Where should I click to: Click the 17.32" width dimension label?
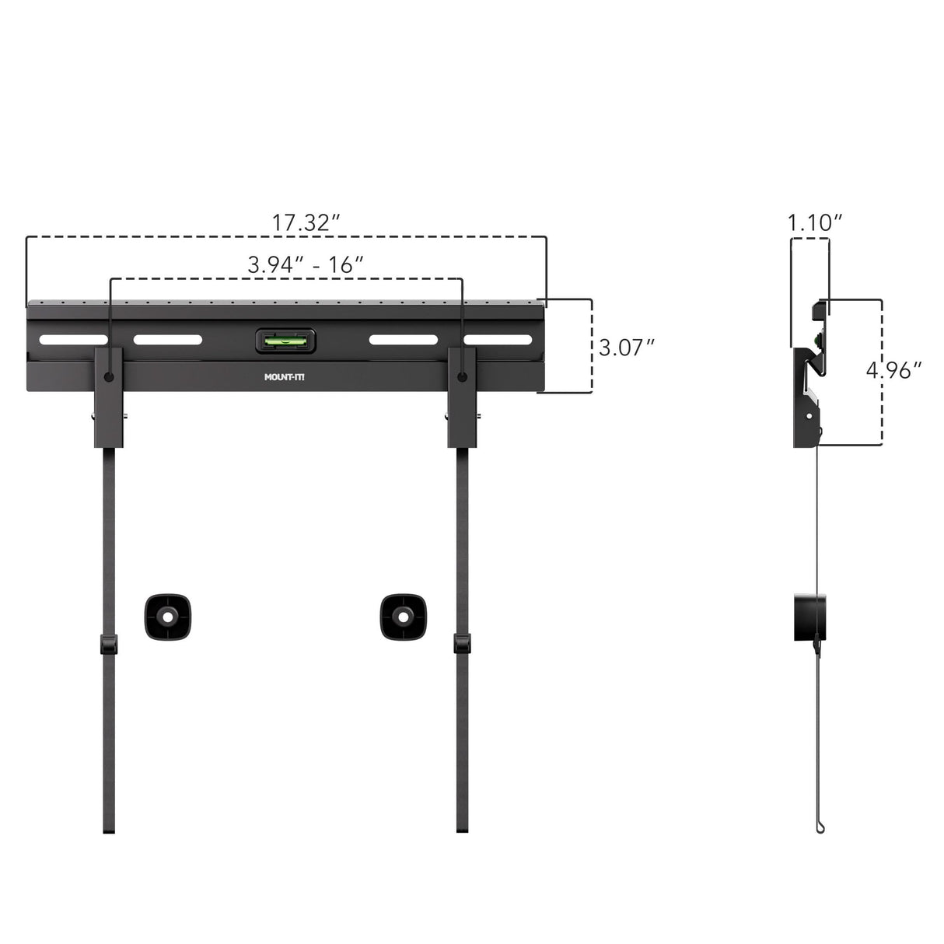click(x=306, y=222)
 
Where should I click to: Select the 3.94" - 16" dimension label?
click(x=306, y=264)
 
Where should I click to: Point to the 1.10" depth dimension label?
click(x=814, y=222)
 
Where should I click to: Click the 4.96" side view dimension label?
click(x=894, y=370)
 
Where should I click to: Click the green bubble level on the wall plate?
click(x=285, y=340)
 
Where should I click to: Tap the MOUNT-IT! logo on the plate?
click(x=285, y=379)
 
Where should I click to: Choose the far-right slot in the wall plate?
click(x=498, y=340)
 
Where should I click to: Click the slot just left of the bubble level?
click(x=167, y=340)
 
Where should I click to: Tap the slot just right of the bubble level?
click(x=403, y=340)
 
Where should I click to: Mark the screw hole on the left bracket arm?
click(x=109, y=377)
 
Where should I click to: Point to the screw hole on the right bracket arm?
click(x=463, y=377)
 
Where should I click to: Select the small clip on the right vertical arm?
click(x=462, y=644)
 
